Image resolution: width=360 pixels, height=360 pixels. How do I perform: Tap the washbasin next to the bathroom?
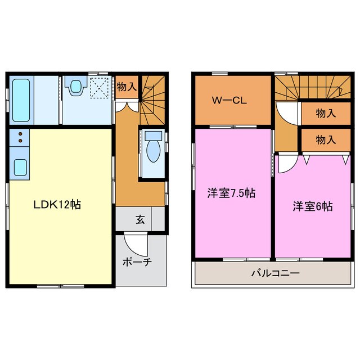(75, 87)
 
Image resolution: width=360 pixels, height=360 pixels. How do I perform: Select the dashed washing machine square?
(99, 88)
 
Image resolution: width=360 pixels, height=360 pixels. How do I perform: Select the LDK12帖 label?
(56, 205)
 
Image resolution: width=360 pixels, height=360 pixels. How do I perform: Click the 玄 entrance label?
(140, 219)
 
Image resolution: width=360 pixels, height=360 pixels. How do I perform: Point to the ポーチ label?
(137, 262)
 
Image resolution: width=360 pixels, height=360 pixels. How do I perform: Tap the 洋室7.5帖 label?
(231, 193)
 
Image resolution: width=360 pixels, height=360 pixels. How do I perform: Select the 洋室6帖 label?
(312, 206)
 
